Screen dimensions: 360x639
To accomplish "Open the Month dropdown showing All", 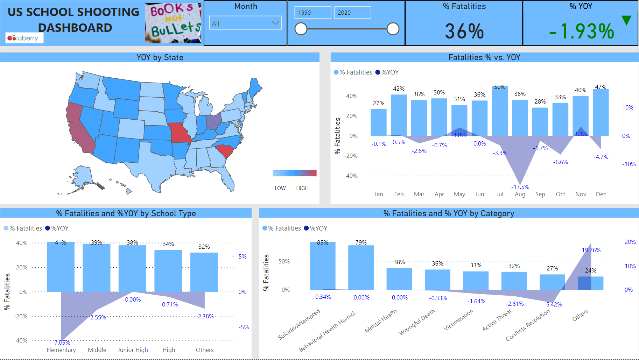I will tap(245, 23).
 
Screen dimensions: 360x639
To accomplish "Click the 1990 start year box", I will tap(313, 13).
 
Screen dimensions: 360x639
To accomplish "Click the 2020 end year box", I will tap(352, 13).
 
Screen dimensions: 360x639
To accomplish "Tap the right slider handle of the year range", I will tap(393, 29).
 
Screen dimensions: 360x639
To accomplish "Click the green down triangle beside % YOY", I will tap(626, 20).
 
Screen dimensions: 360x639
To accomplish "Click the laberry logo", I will tap(24, 38).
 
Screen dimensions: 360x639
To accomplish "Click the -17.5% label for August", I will tap(520, 187).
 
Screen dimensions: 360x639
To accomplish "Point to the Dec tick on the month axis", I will tap(601, 194).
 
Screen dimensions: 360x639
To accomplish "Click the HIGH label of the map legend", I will tap(302, 188).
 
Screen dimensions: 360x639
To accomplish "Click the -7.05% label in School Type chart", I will tap(61, 343).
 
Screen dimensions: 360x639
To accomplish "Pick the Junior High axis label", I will tap(133, 350).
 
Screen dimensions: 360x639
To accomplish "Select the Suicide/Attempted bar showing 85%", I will tap(323, 266).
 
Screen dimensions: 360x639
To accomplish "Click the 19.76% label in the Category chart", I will tap(591, 250).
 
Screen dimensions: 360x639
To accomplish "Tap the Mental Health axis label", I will tap(381, 321).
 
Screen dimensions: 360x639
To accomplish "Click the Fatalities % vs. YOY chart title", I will tap(484, 57).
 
